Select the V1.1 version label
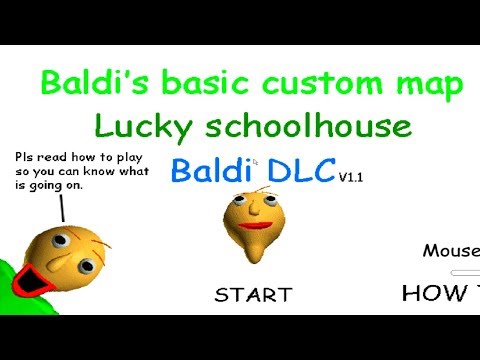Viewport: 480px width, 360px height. (x=350, y=177)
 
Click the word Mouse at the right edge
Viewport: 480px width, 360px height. (x=450, y=250)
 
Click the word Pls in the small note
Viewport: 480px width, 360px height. (x=24, y=157)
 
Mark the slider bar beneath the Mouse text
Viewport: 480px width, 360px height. (x=466, y=271)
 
